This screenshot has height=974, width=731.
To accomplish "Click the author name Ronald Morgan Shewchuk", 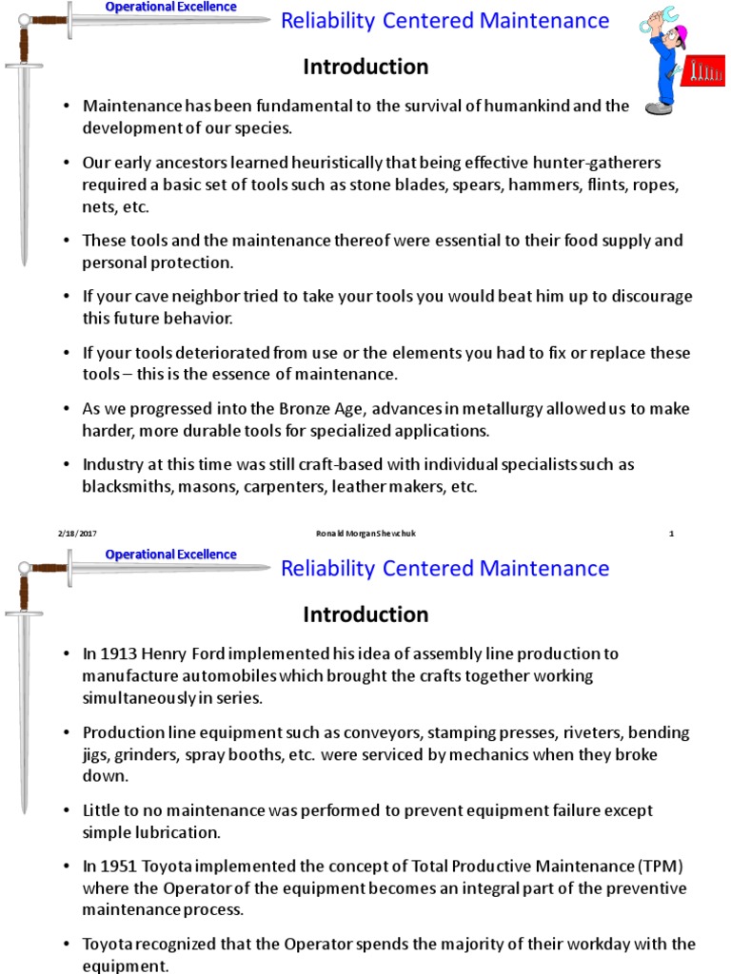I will (x=365, y=534).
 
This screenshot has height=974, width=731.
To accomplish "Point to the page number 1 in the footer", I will (x=671, y=534).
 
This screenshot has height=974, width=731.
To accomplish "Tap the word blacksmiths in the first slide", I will (x=125, y=487).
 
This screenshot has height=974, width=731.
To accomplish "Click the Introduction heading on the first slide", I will (x=365, y=67).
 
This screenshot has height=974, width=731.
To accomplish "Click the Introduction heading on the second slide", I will (x=365, y=614).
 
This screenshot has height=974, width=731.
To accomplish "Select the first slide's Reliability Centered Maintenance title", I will (x=445, y=21).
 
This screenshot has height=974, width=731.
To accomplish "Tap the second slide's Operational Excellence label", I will (x=170, y=555).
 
